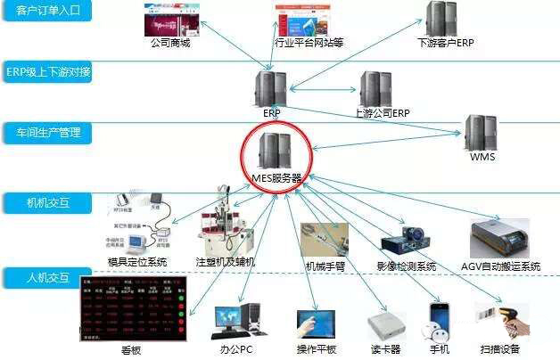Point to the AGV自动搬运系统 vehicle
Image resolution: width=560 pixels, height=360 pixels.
tap(505, 238)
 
